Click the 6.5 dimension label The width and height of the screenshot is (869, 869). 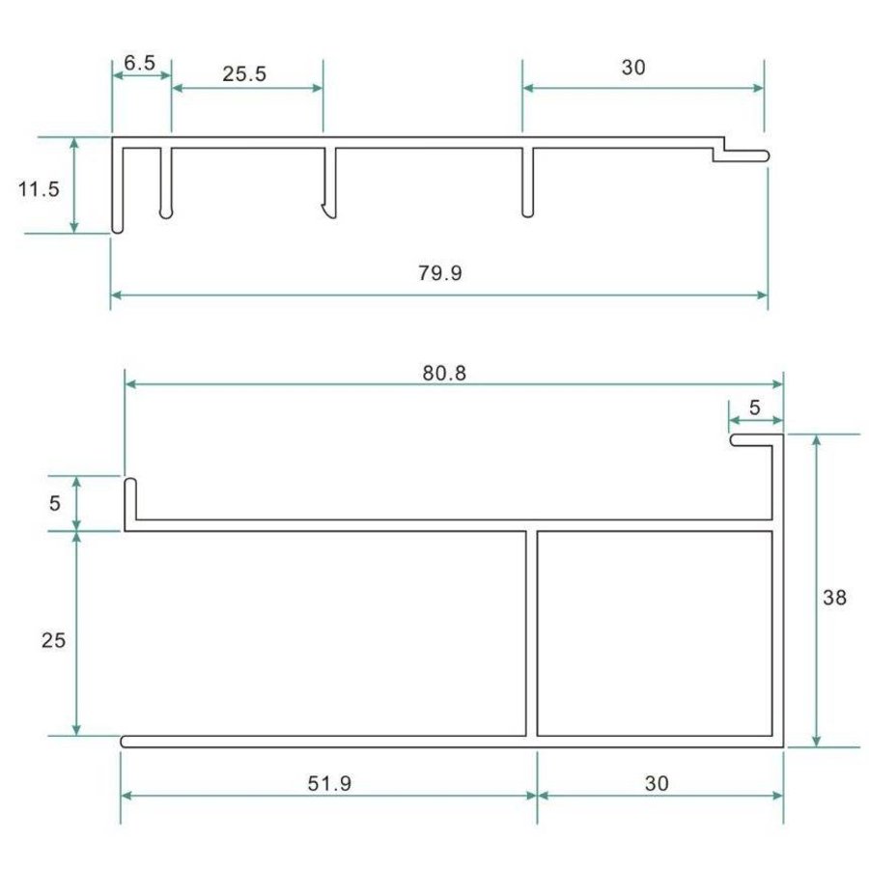tap(140, 64)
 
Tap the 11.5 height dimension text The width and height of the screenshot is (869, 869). tap(39, 188)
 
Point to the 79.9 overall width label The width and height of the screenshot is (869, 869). tap(440, 273)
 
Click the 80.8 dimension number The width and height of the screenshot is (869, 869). tap(444, 373)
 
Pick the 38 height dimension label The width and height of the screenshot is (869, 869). tap(834, 598)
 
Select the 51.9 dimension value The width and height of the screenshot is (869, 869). tap(328, 783)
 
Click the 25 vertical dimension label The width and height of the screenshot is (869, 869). tap(54, 639)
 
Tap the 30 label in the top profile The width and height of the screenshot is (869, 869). tap(633, 68)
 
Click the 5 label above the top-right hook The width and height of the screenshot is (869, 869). tap(754, 407)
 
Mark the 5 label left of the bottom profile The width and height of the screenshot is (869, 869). tap(54, 503)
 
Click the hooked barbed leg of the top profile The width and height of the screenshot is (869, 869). tap(330, 203)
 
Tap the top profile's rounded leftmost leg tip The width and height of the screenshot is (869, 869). tap(117, 227)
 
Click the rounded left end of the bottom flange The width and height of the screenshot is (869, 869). tap(126, 742)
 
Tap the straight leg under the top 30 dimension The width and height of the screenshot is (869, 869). tap(526, 183)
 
